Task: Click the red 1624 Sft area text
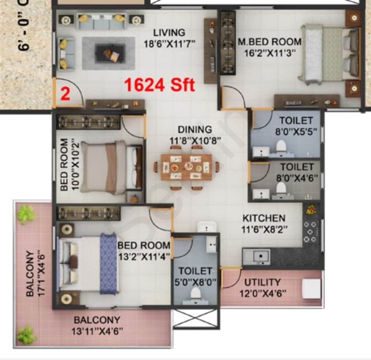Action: click(159, 85)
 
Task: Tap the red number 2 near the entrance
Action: click(65, 94)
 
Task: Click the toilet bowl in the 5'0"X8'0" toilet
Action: click(195, 293)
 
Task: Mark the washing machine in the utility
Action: click(311, 288)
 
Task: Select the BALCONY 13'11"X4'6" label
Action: click(97, 325)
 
